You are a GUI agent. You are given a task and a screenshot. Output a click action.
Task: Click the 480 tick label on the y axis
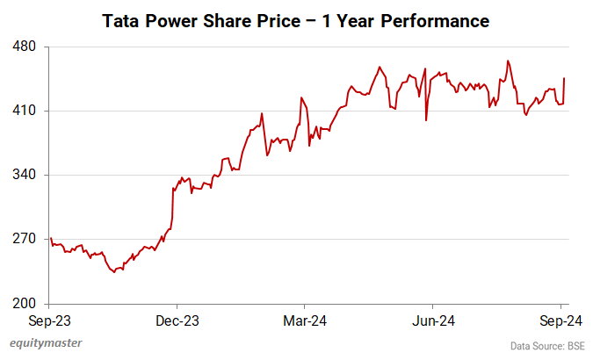coord(23,46)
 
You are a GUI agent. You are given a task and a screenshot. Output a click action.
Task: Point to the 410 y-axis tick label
coord(23,111)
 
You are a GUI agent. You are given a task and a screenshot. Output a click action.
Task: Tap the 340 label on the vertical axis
coord(23,175)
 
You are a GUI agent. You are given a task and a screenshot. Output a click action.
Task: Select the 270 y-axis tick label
coord(23,239)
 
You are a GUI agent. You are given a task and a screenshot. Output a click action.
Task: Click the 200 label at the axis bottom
coord(23,304)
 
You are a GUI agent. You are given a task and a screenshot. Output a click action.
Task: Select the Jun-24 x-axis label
coord(433,320)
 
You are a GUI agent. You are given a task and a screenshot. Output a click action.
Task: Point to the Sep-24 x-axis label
coord(562,320)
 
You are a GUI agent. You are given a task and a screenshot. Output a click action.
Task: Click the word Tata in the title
coord(121,18)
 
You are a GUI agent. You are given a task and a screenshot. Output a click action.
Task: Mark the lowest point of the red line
coord(113,272)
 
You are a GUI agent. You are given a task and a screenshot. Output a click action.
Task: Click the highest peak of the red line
coord(508,61)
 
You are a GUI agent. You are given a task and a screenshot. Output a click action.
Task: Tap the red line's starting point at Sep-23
coord(51,238)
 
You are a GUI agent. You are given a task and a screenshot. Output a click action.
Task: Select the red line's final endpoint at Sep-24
coord(564,78)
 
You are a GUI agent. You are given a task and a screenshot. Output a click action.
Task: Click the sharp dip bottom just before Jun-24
coord(426,120)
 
